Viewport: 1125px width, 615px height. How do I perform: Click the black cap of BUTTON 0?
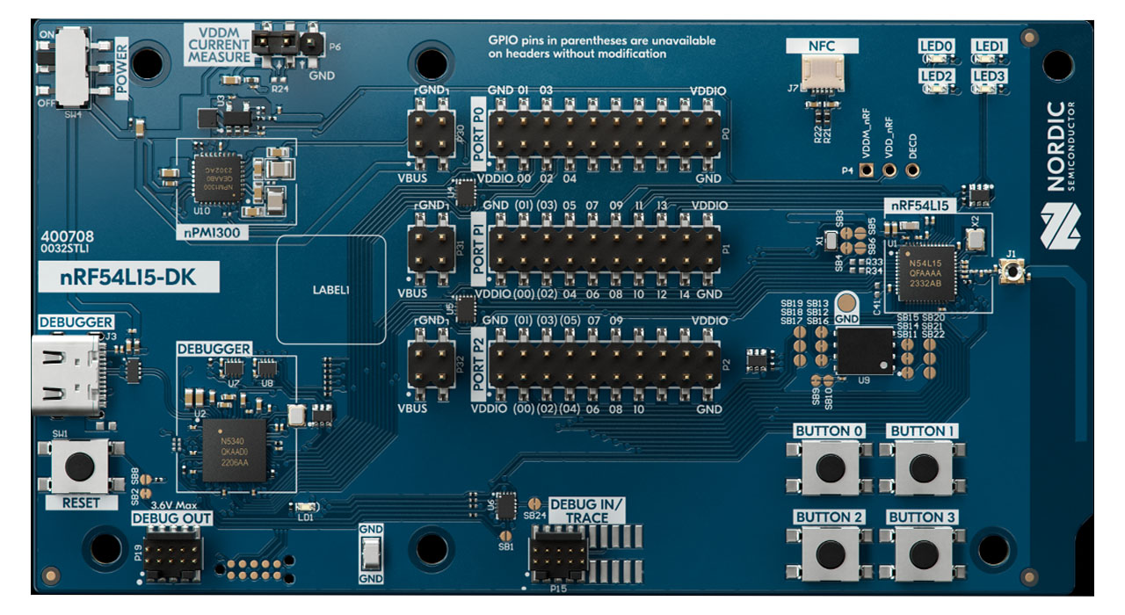(x=830, y=467)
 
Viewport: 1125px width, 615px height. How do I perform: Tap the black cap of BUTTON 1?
(x=924, y=467)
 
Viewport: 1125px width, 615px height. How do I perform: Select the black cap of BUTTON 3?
(x=924, y=553)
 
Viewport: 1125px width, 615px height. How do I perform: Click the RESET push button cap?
(x=80, y=466)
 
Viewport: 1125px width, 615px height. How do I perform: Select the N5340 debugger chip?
(x=234, y=450)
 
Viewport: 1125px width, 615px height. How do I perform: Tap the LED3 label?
(x=989, y=76)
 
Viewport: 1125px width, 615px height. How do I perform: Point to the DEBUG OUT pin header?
(x=172, y=553)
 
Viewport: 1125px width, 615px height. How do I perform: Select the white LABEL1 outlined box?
(x=331, y=289)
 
